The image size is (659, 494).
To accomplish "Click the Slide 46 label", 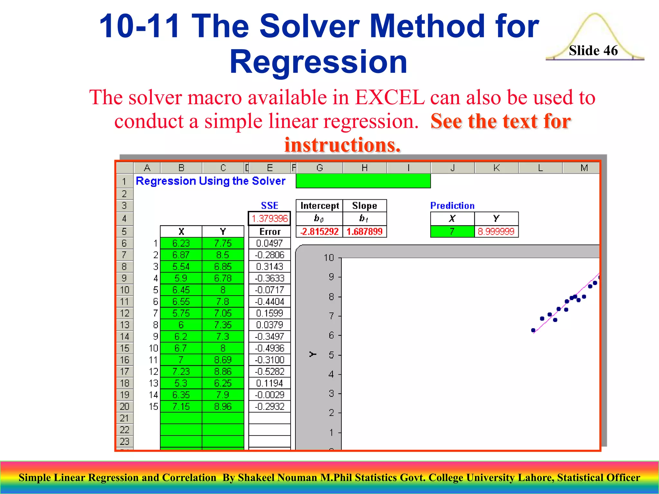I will click(x=593, y=50).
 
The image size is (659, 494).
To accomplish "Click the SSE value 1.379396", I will click(x=269, y=219).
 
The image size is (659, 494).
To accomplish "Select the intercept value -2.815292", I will click(x=319, y=232).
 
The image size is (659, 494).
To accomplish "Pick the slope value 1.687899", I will click(x=365, y=232).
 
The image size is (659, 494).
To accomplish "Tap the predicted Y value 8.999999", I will click(x=496, y=232).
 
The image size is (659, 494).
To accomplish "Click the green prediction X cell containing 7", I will click(x=452, y=232).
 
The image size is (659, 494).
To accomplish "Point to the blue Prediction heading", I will click(x=452, y=206).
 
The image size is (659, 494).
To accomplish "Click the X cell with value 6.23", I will click(x=181, y=243).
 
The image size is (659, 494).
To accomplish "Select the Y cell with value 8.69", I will click(x=223, y=360).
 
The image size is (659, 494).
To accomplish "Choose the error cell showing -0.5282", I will click(x=270, y=371).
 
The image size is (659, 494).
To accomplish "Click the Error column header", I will click(x=270, y=232).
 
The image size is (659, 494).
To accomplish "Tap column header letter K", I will click(x=497, y=168).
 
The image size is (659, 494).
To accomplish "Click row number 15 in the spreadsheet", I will click(x=125, y=348).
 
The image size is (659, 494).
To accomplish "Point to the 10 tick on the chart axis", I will click(x=329, y=258).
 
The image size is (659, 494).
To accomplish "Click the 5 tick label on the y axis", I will click(x=331, y=355).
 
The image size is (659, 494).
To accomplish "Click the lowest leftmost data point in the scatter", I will click(x=533, y=330).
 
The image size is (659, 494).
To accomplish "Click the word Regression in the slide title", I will click(x=319, y=62).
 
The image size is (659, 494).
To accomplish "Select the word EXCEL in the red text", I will click(x=390, y=97).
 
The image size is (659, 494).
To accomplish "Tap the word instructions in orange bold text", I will click(x=342, y=145).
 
